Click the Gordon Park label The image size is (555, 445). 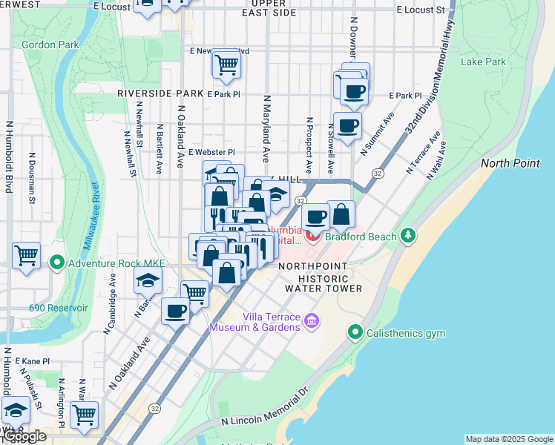[50, 44]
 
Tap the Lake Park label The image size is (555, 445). [482, 62]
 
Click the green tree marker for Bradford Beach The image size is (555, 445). [407, 236]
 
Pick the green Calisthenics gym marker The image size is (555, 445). [356, 332]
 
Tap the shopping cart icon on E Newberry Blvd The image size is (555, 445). [226, 64]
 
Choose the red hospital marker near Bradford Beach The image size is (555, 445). [313, 237]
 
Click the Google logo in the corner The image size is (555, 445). [24, 437]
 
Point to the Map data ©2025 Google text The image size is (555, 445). [509, 439]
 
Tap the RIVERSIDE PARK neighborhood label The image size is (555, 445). [160, 94]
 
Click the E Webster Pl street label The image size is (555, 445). [211, 152]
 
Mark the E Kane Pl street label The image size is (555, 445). [33, 360]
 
